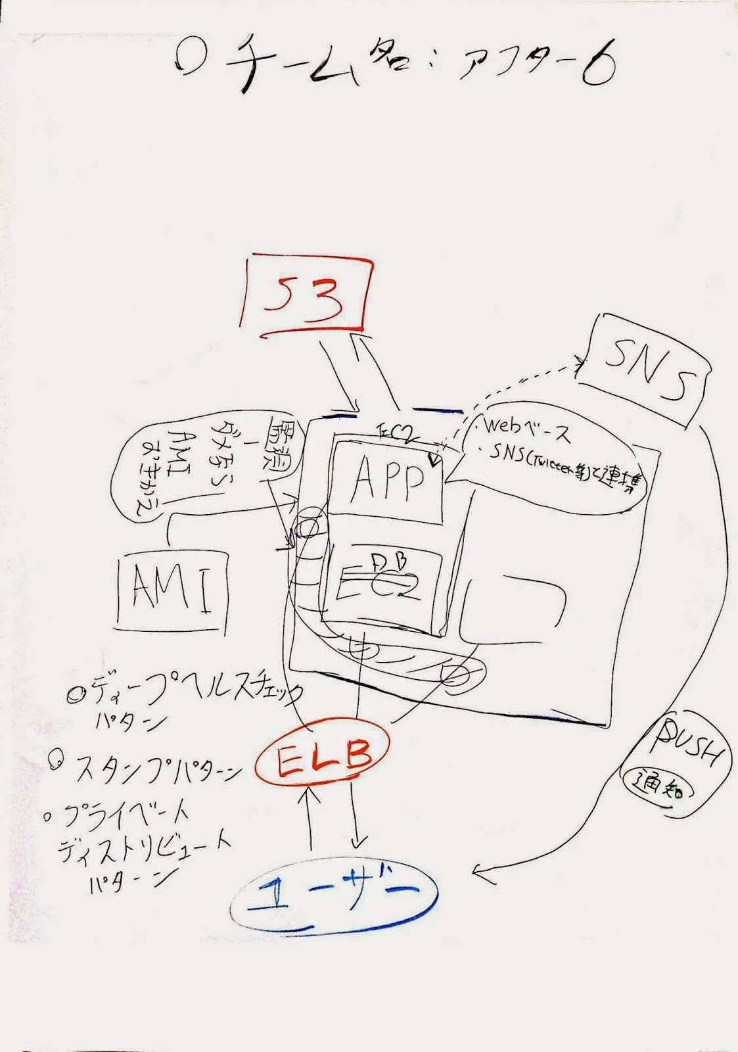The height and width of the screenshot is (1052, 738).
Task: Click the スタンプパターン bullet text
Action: point(158,770)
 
